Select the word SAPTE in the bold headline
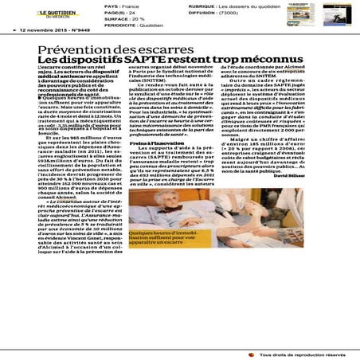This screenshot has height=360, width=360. click(x=150, y=62)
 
